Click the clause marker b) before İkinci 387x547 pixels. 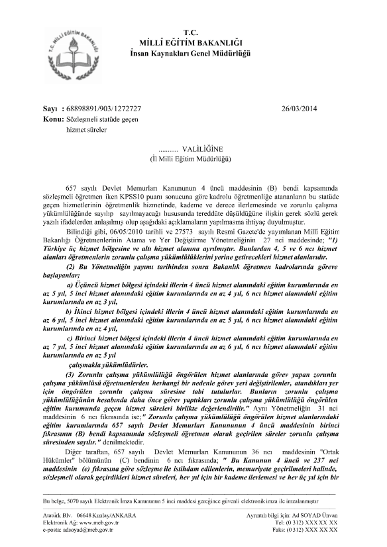pos(70,310)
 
